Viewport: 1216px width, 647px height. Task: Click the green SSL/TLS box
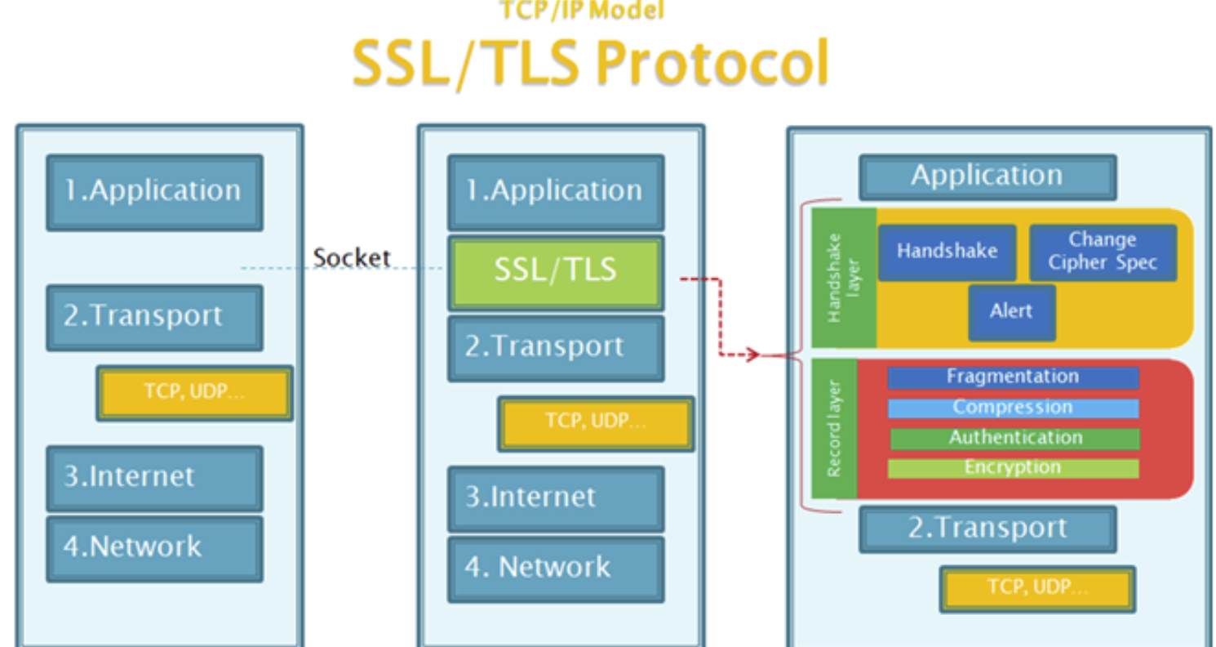(x=555, y=273)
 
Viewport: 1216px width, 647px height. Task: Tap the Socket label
(x=351, y=257)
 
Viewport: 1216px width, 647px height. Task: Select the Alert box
(x=1012, y=312)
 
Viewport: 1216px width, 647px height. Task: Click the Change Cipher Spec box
(x=1103, y=252)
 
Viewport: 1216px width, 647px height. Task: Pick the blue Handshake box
(x=948, y=252)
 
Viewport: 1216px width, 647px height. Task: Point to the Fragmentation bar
(x=1013, y=377)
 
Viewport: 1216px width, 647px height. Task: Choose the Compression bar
(x=1013, y=408)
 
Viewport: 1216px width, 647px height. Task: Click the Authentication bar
(x=1014, y=439)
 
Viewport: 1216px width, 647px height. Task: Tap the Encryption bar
(x=1013, y=468)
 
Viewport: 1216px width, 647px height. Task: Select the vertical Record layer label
(x=834, y=428)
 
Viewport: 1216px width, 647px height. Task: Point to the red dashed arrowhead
(x=753, y=355)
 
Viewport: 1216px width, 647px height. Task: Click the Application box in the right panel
(x=987, y=177)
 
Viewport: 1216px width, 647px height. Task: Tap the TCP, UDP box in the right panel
(x=1037, y=590)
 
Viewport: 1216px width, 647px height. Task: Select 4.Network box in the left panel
(x=155, y=549)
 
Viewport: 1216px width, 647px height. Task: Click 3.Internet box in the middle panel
(x=555, y=498)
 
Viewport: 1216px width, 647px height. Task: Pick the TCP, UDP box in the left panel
(x=194, y=393)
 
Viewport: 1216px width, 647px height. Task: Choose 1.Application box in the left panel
(x=155, y=193)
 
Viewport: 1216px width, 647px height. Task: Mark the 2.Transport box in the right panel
(x=987, y=529)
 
